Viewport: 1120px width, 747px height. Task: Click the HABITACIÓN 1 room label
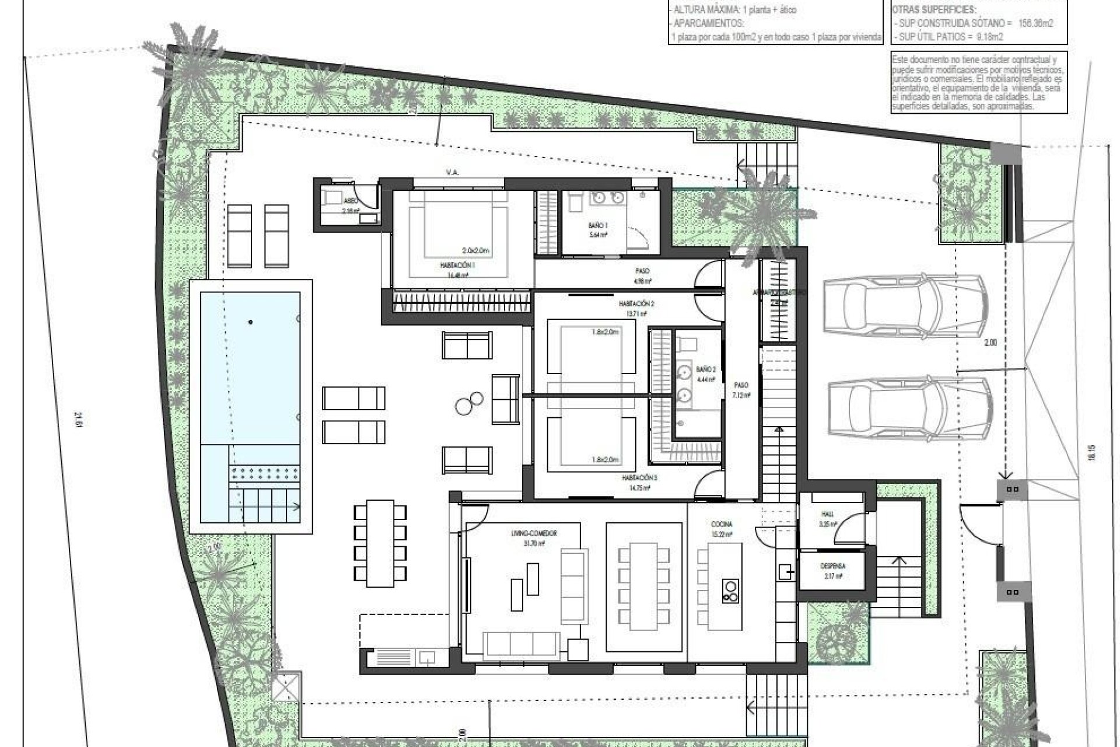[x=457, y=264]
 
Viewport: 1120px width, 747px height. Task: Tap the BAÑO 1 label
[x=598, y=225]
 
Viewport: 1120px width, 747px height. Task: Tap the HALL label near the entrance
[x=827, y=514]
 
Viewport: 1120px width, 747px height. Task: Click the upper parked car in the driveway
[x=904, y=307]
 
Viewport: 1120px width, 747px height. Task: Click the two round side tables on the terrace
[x=468, y=403]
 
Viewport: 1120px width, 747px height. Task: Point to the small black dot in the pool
[x=251, y=322]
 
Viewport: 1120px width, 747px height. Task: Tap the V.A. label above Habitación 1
[x=452, y=172]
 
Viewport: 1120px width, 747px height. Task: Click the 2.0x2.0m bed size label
[x=475, y=250]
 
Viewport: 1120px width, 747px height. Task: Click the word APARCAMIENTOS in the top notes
[x=708, y=23]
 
